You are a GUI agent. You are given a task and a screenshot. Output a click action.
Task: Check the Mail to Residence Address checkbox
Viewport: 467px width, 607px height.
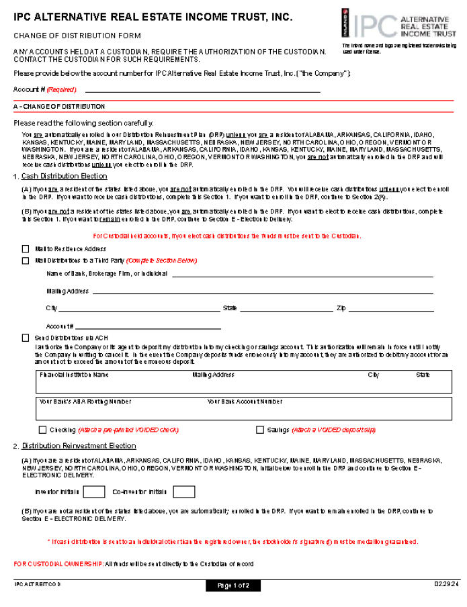(26, 249)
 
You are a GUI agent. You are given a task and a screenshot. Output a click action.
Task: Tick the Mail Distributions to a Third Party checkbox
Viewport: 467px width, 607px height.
(26, 261)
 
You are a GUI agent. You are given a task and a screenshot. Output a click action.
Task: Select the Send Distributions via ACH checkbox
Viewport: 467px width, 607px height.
(26, 338)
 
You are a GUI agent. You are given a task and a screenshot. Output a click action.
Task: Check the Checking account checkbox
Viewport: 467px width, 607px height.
(43, 430)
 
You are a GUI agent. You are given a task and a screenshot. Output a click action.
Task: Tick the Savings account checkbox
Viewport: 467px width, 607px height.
(260, 430)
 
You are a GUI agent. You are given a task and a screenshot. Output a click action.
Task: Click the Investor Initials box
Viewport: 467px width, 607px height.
(94, 492)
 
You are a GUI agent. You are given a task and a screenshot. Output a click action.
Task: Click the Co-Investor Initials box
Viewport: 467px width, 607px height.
(183, 492)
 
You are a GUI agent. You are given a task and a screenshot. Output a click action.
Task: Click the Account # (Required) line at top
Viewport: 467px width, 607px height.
(202, 89)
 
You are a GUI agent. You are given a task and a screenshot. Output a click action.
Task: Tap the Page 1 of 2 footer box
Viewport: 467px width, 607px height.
(232, 586)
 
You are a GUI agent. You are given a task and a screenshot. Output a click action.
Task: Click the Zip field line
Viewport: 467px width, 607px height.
(391, 310)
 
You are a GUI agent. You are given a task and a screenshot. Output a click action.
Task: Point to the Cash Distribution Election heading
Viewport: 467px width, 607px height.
(64, 177)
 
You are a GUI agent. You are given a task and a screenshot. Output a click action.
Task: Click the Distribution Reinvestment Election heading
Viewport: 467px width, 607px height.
(79, 446)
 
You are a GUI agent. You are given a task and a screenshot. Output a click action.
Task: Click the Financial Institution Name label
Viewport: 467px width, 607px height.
(74, 375)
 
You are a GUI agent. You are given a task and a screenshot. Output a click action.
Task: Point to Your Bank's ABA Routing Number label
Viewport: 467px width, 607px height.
(85, 402)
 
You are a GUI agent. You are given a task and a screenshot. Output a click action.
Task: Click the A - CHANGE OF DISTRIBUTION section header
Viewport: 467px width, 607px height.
(59, 107)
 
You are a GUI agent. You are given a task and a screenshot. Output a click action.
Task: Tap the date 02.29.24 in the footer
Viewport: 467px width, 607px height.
(442, 585)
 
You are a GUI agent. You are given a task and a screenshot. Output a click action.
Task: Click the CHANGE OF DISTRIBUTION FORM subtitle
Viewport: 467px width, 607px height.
(77, 36)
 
